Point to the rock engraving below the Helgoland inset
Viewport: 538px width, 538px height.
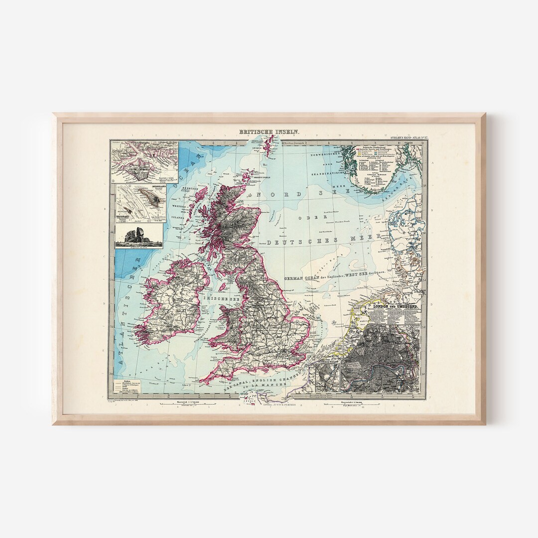[x=139, y=236]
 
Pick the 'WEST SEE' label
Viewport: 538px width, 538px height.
[x=370, y=277]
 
